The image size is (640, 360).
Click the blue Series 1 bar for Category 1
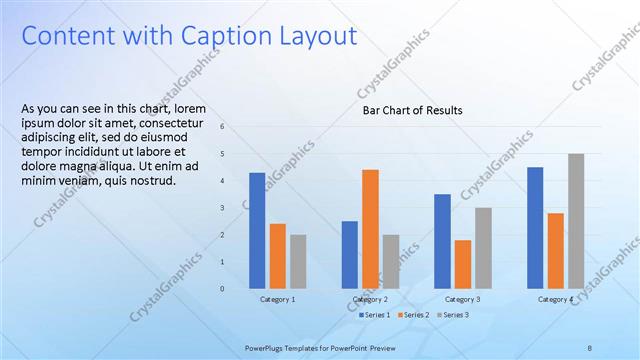[x=257, y=230]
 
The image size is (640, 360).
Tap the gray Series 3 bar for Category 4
[x=576, y=221]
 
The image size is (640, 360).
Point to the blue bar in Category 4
[x=535, y=227]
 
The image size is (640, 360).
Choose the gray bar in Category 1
[x=298, y=261]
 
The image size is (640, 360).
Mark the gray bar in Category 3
[x=483, y=247]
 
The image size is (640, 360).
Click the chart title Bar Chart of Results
[x=412, y=110]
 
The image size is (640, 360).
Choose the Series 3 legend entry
[x=454, y=315]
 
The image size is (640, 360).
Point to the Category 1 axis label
[x=278, y=299]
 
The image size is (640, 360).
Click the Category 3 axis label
[x=463, y=299]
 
